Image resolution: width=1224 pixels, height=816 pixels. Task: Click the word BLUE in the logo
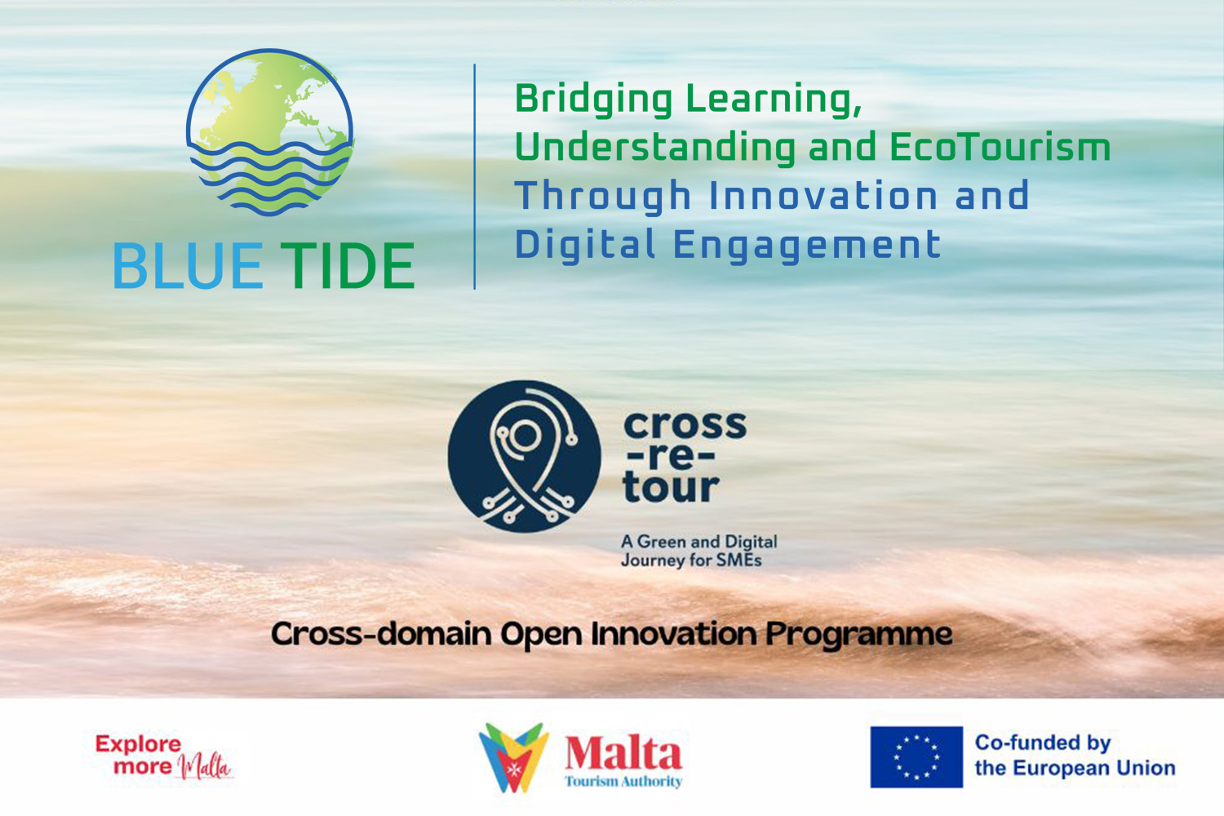(x=188, y=266)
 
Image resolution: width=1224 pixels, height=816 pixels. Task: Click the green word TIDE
(x=347, y=266)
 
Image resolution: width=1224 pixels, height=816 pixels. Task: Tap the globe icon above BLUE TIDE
(x=270, y=131)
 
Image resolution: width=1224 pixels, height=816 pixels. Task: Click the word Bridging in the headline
(x=594, y=100)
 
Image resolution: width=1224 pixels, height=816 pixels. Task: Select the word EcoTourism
(x=1000, y=147)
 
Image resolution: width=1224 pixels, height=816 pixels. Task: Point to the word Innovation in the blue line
(x=823, y=195)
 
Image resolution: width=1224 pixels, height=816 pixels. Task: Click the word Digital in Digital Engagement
(x=585, y=244)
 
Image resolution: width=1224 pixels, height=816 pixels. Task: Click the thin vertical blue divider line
(x=474, y=176)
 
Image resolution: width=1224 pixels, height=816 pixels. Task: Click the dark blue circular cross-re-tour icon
(x=524, y=456)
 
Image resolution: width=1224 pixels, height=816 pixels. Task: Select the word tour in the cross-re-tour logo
(x=671, y=487)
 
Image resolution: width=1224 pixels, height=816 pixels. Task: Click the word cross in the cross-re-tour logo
(x=685, y=425)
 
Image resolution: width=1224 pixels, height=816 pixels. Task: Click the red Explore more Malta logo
(x=165, y=757)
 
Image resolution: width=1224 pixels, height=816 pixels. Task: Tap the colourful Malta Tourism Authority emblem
(x=513, y=757)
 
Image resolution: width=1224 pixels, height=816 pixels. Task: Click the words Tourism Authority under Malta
(x=623, y=782)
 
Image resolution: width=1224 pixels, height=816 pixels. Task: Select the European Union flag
(x=916, y=757)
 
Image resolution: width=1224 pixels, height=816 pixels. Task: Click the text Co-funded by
(x=1043, y=743)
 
